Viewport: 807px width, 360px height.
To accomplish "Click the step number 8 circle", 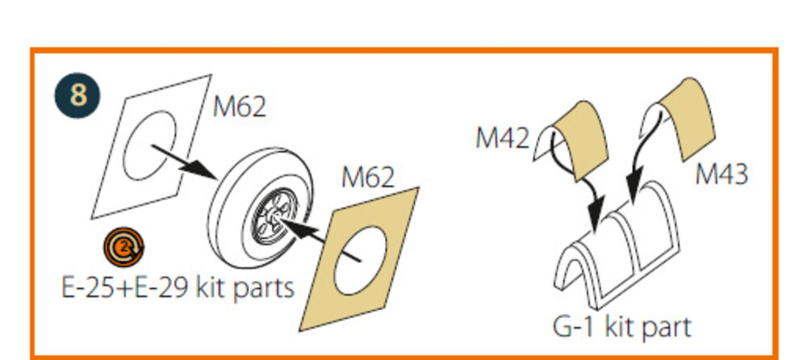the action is coord(77,95).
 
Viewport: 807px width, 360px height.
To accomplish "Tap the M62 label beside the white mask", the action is coord(240,107).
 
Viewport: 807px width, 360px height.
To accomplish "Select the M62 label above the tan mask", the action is coord(368,178).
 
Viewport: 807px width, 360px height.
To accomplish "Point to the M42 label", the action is coord(502,138).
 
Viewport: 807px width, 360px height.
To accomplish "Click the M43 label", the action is coord(721,174).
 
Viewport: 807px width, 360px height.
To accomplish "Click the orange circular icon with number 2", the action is coord(123,248).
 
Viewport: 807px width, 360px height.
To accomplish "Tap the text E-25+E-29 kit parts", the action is coord(178,288).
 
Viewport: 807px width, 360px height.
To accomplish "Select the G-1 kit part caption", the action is coord(621,327).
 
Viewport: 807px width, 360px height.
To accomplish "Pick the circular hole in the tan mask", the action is coord(360,261).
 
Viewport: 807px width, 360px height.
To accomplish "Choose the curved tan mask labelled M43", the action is coord(682,116).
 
